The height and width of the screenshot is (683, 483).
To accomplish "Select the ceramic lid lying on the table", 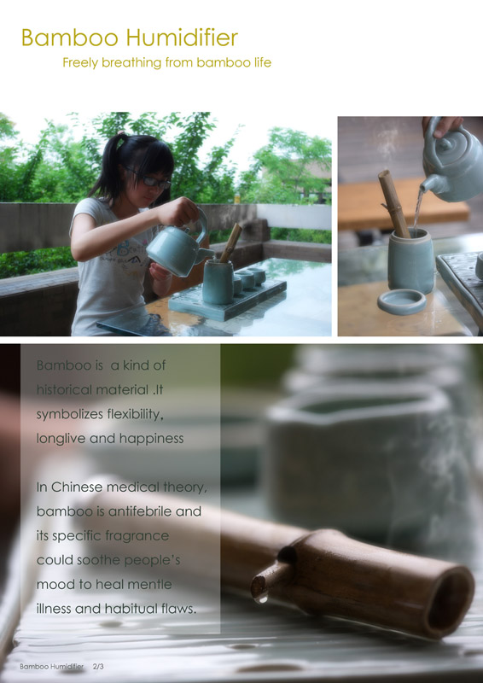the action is tap(402, 301).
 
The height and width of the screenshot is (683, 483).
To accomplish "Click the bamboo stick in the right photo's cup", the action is tap(393, 203).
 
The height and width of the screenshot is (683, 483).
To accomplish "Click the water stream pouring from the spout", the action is tap(417, 210).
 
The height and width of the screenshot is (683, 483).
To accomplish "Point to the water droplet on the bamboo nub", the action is tap(261, 599).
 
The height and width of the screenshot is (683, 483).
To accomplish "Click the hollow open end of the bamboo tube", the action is tap(450, 602).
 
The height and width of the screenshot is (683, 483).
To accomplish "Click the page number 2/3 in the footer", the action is tap(98, 667).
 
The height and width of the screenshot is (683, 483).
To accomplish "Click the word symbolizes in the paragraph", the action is tap(67, 414).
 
